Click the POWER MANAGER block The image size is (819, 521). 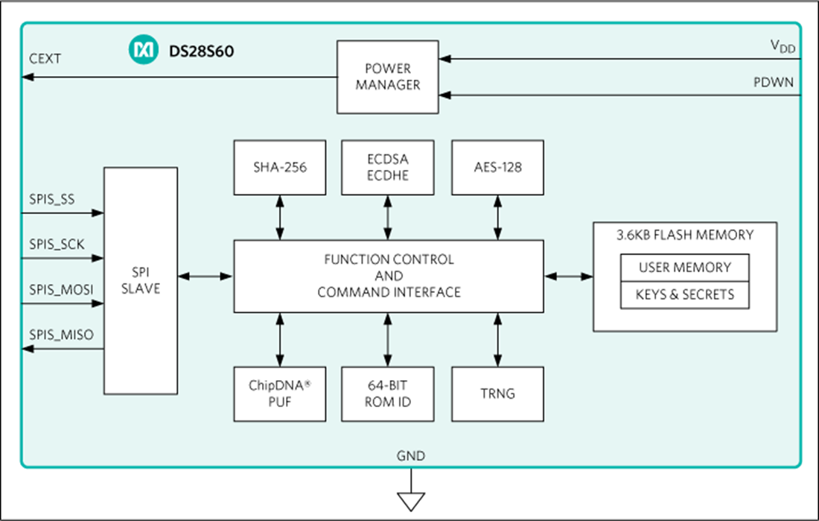tap(387, 77)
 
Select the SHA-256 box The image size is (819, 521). tap(279, 168)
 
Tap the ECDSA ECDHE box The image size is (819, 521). tap(388, 168)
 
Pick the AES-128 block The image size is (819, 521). tap(497, 168)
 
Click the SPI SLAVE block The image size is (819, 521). tap(141, 280)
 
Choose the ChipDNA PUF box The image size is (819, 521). tap(279, 394)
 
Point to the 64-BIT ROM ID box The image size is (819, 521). tap(388, 394)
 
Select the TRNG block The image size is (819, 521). tap(497, 394)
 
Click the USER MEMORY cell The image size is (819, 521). tap(684, 268)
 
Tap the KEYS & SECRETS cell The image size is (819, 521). tap(684, 294)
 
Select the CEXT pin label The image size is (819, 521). tap(45, 58)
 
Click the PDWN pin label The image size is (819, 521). tap(774, 82)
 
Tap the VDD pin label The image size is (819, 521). tap(783, 47)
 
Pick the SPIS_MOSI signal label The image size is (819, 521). tap(61, 288)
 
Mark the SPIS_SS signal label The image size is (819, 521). tap(52, 200)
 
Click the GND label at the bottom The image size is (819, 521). tap(411, 455)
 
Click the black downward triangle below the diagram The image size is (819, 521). tap(410, 501)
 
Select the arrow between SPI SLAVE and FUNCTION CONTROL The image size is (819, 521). tap(205, 277)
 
